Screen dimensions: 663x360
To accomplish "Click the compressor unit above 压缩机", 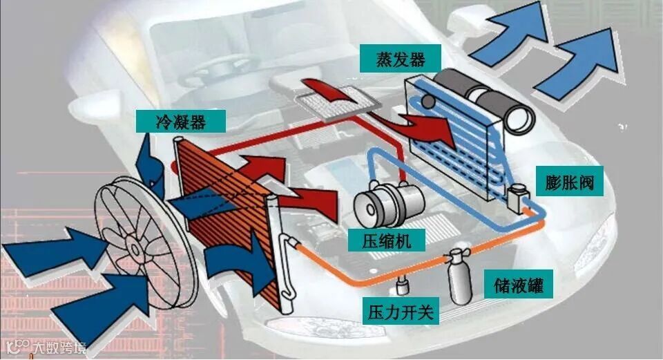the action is (x=388, y=200).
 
